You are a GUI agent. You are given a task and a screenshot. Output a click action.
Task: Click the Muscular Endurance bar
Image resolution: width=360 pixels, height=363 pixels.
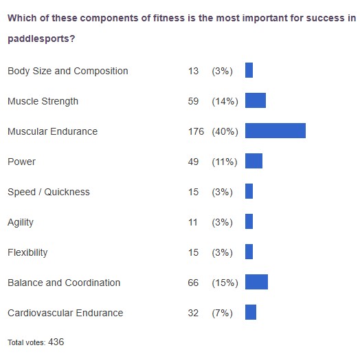(275, 131)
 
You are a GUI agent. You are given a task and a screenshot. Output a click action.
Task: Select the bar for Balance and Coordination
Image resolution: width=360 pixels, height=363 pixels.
(256, 282)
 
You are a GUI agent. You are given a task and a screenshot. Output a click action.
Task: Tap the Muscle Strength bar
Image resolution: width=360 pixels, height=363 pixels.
(255, 100)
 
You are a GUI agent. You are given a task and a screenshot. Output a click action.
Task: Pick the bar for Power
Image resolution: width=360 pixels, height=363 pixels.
(254, 161)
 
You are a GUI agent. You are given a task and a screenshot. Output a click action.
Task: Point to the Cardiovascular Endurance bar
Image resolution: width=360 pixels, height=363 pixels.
(250, 312)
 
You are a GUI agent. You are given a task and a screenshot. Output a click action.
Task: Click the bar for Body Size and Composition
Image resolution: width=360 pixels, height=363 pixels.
(249, 70)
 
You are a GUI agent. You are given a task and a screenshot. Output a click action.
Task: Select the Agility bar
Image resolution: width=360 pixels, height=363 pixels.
(249, 221)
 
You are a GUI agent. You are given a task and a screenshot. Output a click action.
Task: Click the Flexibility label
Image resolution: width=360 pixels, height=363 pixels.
(27, 252)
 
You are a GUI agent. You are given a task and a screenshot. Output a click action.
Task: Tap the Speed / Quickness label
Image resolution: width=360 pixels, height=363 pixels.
(48, 192)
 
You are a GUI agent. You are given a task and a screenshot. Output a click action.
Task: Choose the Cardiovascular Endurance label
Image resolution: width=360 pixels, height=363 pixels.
(65, 313)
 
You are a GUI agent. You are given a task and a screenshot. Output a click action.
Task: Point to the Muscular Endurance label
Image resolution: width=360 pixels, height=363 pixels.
(52, 131)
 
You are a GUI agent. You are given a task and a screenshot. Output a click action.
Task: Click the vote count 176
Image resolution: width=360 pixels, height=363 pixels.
(196, 131)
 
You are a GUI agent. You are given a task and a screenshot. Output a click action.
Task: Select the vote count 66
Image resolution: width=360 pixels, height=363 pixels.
(193, 283)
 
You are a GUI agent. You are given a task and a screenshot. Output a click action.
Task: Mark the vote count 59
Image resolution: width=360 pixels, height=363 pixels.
(193, 101)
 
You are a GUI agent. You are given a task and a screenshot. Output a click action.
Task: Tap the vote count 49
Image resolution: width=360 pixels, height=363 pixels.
(193, 162)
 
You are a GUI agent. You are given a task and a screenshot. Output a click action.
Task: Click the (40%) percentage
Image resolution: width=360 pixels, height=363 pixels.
(225, 131)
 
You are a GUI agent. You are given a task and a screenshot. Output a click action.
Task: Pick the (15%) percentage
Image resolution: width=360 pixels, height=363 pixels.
(225, 283)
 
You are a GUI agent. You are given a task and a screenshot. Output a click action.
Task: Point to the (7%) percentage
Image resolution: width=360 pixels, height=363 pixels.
(223, 313)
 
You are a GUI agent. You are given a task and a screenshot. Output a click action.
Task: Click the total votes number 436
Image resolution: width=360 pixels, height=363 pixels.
(56, 342)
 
